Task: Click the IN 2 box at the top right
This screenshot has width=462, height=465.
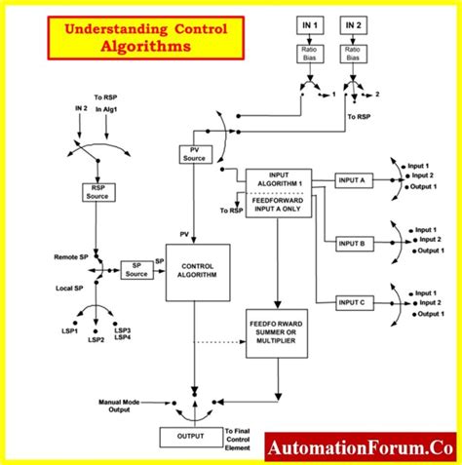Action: click(x=355, y=23)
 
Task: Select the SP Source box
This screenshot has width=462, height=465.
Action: click(x=135, y=270)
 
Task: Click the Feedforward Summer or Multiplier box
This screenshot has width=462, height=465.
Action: click(x=277, y=335)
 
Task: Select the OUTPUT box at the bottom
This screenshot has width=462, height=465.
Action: click(x=190, y=436)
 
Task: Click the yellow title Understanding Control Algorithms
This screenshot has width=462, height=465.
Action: click(x=146, y=37)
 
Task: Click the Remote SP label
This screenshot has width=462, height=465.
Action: click(x=70, y=255)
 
